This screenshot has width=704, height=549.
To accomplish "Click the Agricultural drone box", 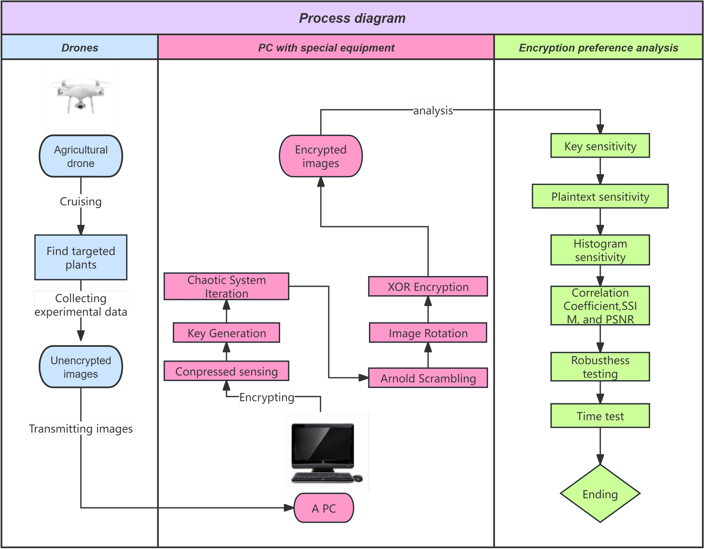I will pos(81,156).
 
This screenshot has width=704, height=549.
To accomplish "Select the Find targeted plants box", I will pos(81,258).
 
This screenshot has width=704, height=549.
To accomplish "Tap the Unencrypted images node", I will pos(81,367).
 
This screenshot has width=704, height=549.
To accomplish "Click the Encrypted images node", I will pos(321,156).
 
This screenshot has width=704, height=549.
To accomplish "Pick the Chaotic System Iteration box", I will pos(226,286).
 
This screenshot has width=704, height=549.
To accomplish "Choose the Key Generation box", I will pos(226,333).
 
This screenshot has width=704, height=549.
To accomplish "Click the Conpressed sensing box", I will pos(226,371).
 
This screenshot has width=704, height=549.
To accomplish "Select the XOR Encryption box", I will pos(428,286).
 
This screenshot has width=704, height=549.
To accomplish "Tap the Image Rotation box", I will pos(428,333).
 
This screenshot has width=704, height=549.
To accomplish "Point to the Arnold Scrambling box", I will pos(428,378).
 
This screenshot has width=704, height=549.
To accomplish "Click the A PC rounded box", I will pos(324,508).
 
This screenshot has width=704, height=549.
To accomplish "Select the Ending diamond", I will pos(600,494).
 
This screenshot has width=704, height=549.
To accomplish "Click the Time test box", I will pos(600,416).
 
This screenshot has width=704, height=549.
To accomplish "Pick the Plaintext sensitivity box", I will pos(600,196).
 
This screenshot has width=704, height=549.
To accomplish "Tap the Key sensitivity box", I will pos(600,146).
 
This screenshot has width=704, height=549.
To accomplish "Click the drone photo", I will pos(81,96).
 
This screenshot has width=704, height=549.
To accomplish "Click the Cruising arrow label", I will pos(81,201).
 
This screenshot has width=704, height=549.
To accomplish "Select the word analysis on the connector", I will pos(433,110).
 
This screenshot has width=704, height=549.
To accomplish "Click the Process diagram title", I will pos(352,18).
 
